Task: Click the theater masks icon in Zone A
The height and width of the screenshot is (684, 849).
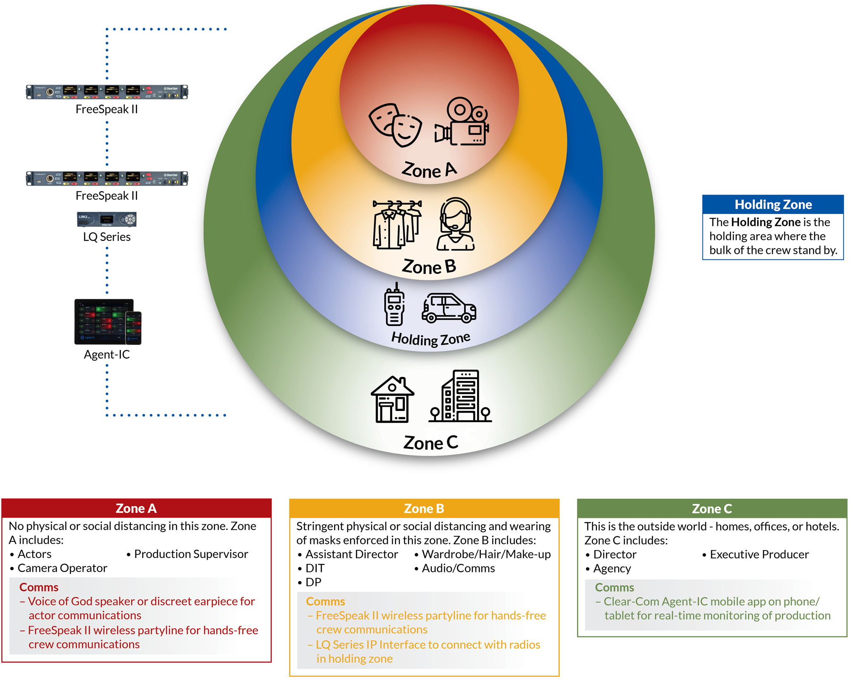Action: (x=395, y=125)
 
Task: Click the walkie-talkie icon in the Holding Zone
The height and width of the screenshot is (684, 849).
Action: (x=394, y=305)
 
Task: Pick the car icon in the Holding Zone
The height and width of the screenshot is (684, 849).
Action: (x=449, y=308)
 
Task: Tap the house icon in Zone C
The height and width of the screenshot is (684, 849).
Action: (x=392, y=400)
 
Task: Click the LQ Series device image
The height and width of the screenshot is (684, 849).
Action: (x=107, y=220)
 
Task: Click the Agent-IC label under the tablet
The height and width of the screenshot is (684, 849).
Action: (x=107, y=355)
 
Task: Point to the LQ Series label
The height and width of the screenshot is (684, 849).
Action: (x=107, y=237)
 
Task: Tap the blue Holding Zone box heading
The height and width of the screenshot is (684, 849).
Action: (x=773, y=205)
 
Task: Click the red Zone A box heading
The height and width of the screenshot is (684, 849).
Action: (x=136, y=508)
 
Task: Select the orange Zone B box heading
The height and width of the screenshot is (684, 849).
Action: (x=424, y=508)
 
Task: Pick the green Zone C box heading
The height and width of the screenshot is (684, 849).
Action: (x=712, y=508)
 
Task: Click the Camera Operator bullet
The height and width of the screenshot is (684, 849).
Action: (x=62, y=568)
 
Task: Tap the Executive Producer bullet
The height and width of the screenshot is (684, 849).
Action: (x=759, y=555)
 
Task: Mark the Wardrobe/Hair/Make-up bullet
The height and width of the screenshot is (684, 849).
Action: (x=486, y=555)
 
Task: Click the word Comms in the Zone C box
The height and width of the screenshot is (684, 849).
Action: (x=614, y=588)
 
